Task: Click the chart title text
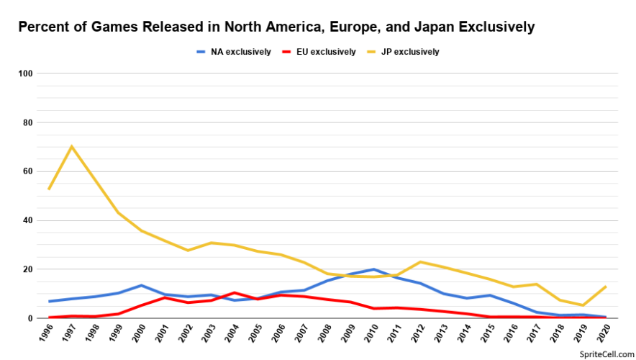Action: (x=276, y=27)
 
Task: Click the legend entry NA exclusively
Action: (x=240, y=52)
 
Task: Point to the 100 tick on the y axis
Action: (x=26, y=73)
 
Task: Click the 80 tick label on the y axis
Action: (x=28, y=122)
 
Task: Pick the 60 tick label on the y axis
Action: (x=28, y=171)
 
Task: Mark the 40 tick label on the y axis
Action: (x=28, y=220)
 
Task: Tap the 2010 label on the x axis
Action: (x=371, y=336)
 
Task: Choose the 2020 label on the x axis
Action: (x=603, y=336)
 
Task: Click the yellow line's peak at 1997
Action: (x=72, y=147)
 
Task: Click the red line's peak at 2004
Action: (x=235, y=292)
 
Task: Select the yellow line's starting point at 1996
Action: (x=49, y=189)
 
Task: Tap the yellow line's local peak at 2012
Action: (x=420, y=262)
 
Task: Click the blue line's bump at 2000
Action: (x=142, y=285)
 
